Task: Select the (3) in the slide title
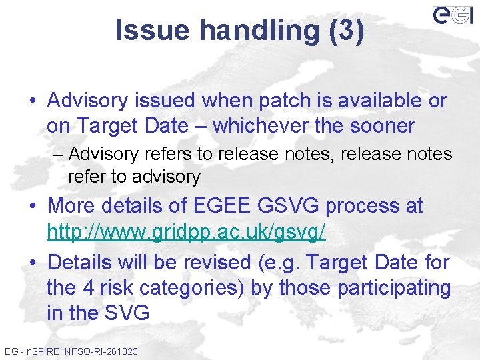point(347,31)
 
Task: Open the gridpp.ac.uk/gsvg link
point(186,231)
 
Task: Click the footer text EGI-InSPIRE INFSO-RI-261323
point(71,351)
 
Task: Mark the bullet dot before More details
point(33,207)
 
